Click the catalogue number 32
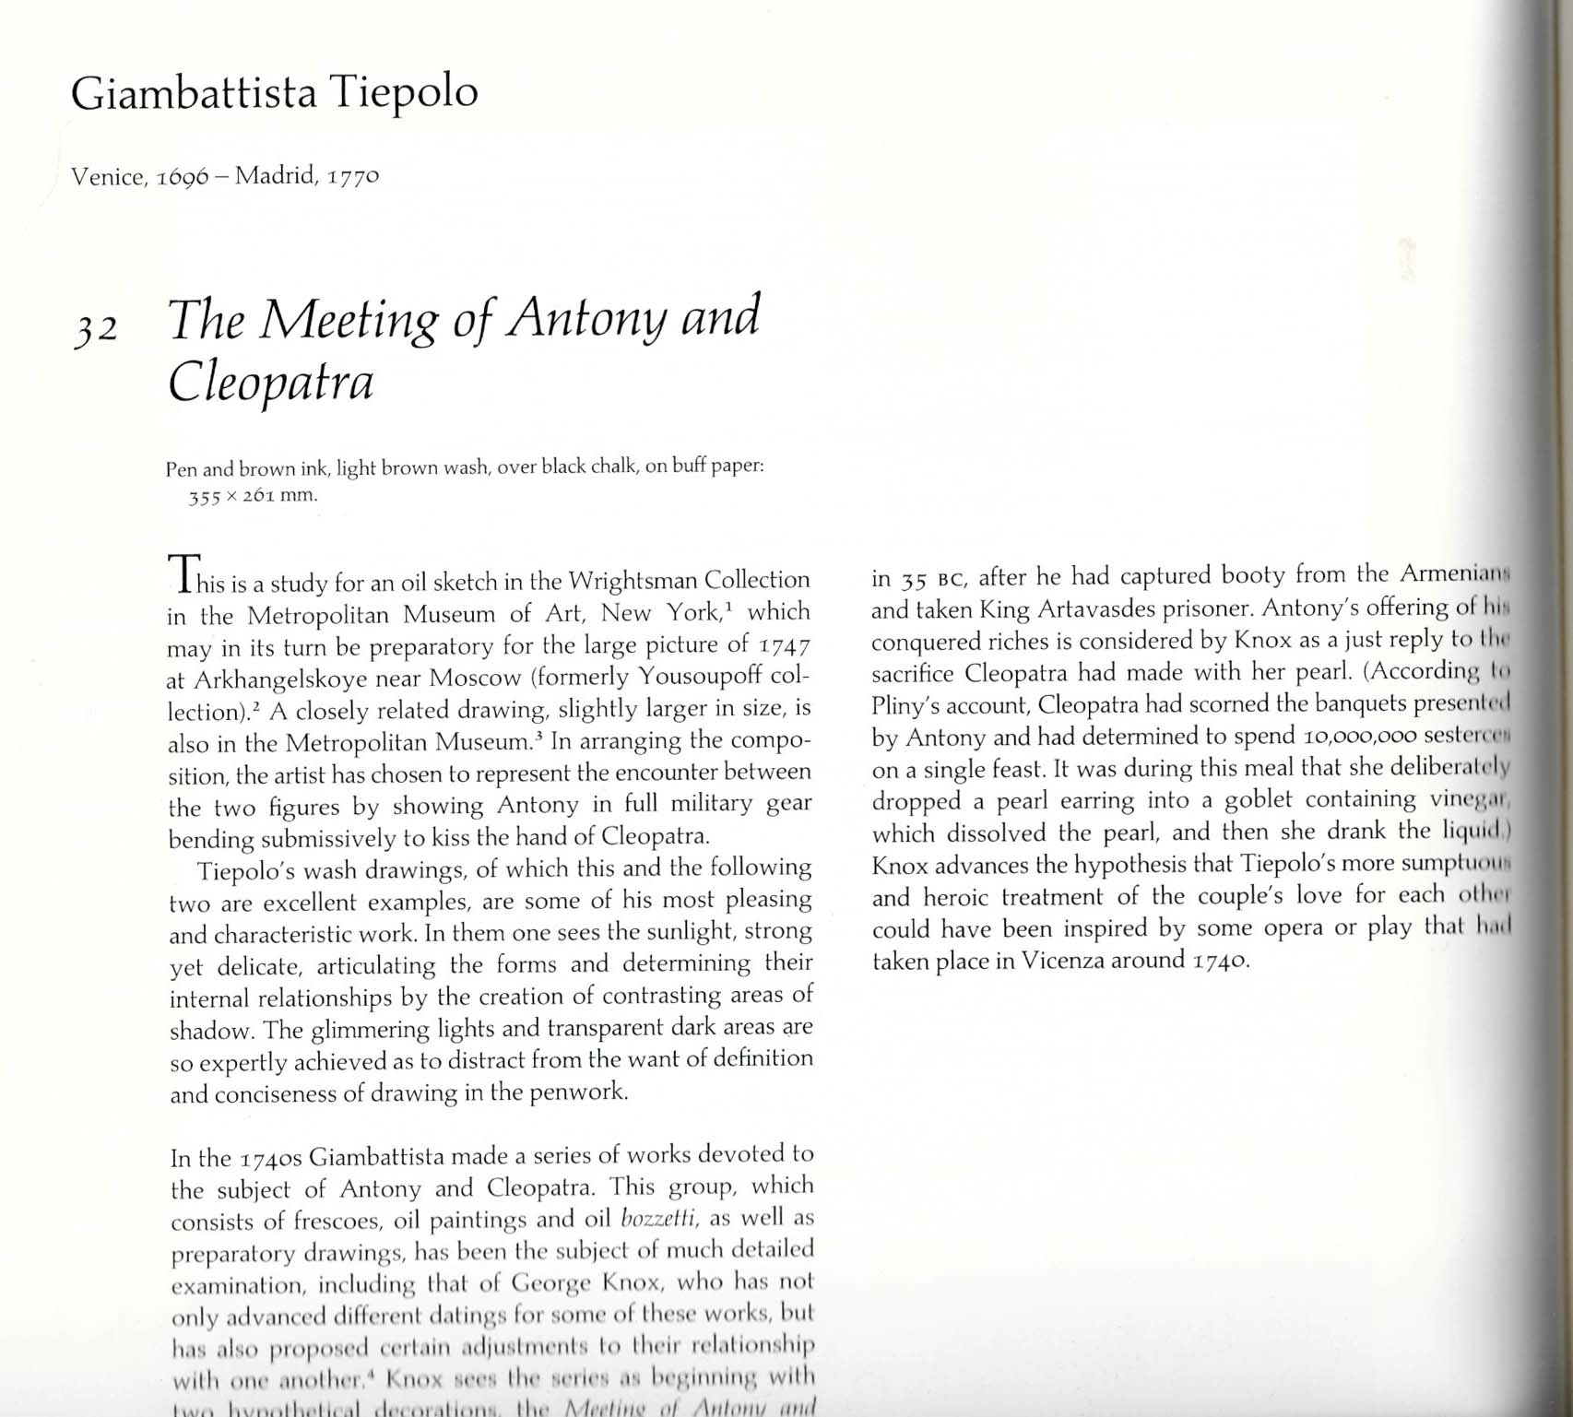[x=95, y=327]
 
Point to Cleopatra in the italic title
[x=270, y=381]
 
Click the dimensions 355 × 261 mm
[x=253, y=495]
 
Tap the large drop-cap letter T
[x=184, y=573]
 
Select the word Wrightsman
[x=632, y=580]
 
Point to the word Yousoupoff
[x=701, y=677]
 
